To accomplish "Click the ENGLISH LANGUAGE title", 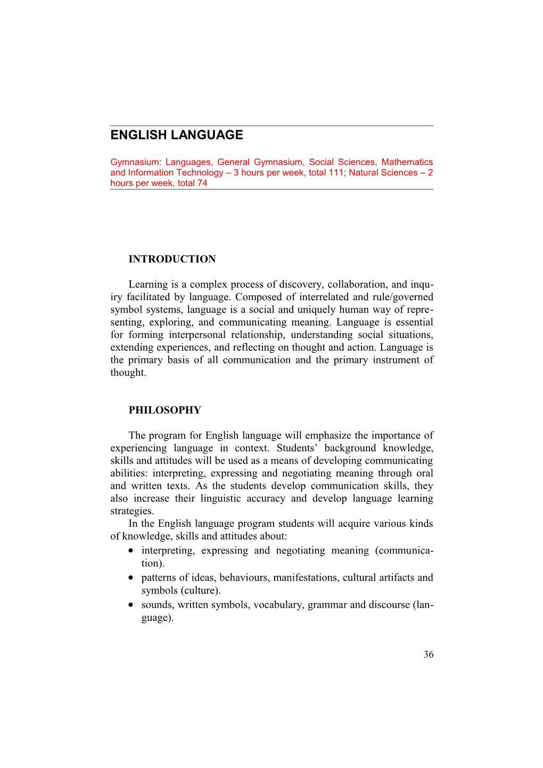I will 177,135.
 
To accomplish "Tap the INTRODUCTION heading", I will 172,259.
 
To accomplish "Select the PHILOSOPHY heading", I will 164,410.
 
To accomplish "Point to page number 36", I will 429,655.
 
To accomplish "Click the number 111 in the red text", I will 336,172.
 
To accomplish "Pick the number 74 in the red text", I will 202,183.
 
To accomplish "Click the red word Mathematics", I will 407,162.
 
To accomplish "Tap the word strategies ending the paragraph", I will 132,511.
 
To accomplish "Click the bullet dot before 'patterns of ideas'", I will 131,578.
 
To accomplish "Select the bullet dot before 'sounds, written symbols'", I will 131,605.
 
